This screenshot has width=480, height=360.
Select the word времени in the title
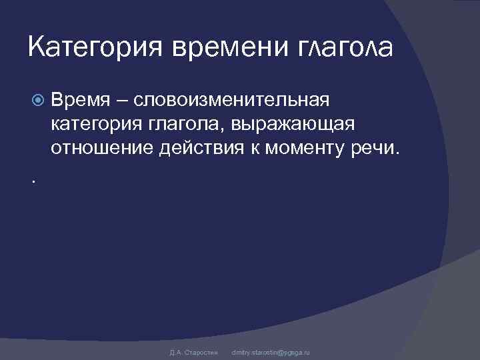219,48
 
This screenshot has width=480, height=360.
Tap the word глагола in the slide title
343,48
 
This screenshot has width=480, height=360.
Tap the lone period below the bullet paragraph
33,181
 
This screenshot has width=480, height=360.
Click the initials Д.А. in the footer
175,351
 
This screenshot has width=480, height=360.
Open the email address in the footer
270,351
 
